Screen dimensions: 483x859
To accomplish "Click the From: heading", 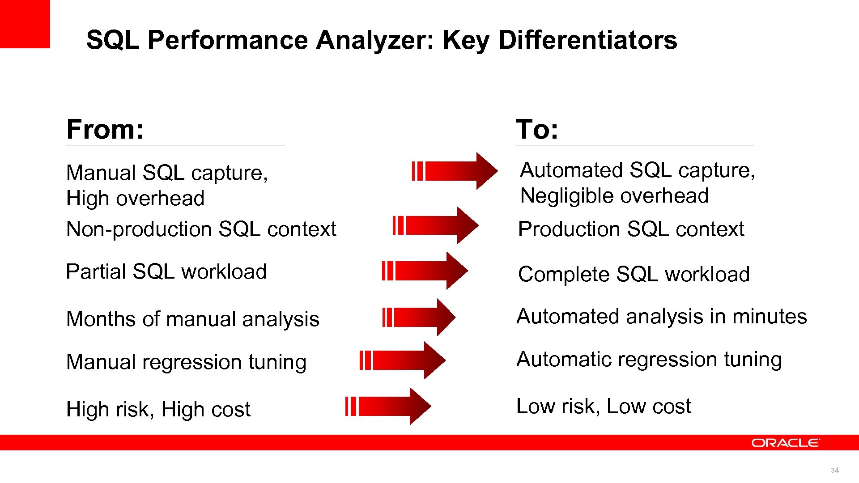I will [105, 130].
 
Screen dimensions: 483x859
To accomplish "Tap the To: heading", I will [537, 130].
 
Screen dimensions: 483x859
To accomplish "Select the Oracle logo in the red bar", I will [786, 443].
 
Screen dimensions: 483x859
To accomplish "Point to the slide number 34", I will [834, 470].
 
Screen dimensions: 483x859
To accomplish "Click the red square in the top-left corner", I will [25, 23].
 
